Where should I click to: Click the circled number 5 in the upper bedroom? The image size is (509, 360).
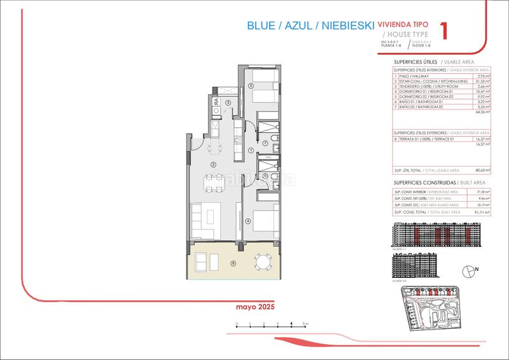[x=251, y=86]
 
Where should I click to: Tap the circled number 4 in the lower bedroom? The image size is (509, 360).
[x=249, y=221]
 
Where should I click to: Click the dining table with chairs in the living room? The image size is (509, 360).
[x=209, y=183]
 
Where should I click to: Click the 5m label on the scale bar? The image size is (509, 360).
[x=305, y=324]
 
